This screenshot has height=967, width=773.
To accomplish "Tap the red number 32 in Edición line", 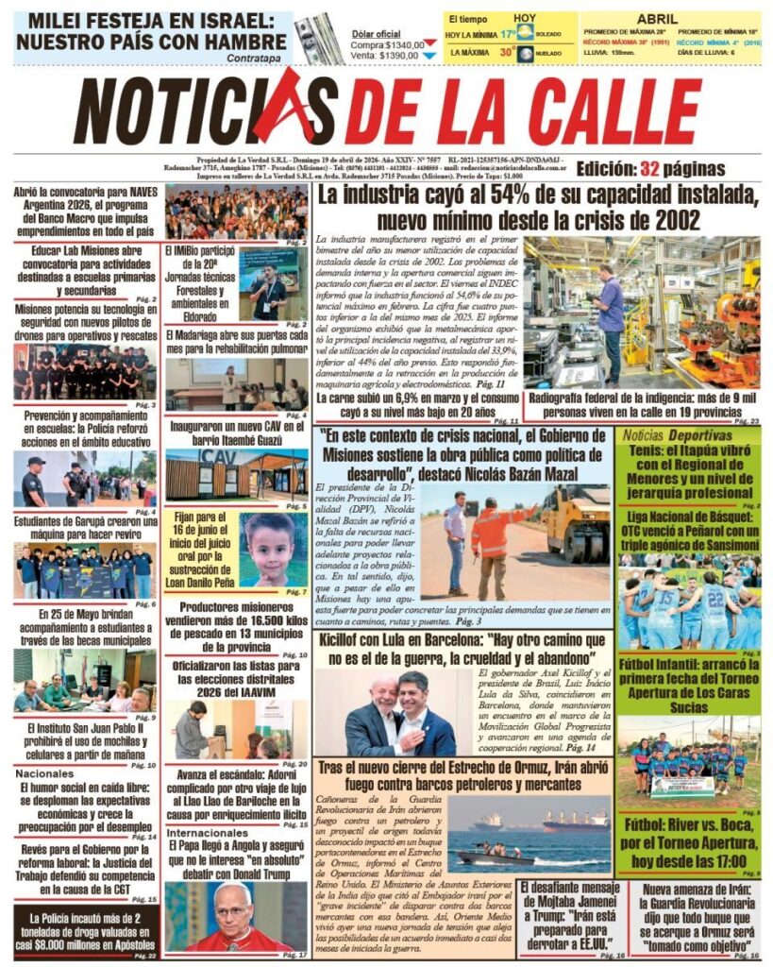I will [x=648, y=170].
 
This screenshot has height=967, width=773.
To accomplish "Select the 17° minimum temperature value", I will [x=508, y=34].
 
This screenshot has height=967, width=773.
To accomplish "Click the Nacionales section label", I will [x=44, y=773].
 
